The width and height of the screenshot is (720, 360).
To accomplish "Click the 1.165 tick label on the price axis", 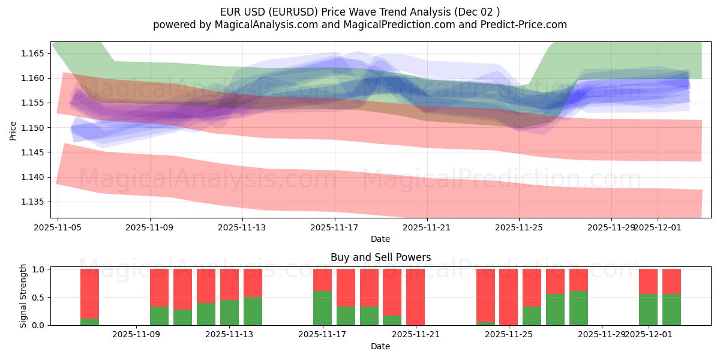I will coord(34,53).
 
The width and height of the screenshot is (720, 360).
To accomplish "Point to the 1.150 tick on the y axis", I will coord(34,128).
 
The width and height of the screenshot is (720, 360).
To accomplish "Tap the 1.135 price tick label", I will coord(34,202).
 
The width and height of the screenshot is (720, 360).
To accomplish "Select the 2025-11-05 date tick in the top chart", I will coord(58,227).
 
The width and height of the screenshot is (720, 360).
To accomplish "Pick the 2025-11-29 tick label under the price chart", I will coord(611,227).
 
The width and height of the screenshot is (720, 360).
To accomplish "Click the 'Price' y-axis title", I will coord(13,130).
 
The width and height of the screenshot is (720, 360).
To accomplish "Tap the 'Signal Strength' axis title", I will coord(23,296).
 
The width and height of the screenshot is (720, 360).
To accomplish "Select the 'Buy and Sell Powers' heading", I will coord(380,257).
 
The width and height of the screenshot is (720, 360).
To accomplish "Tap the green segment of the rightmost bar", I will coord(671,310).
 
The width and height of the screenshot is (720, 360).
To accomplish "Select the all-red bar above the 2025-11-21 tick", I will coord(415,297).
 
